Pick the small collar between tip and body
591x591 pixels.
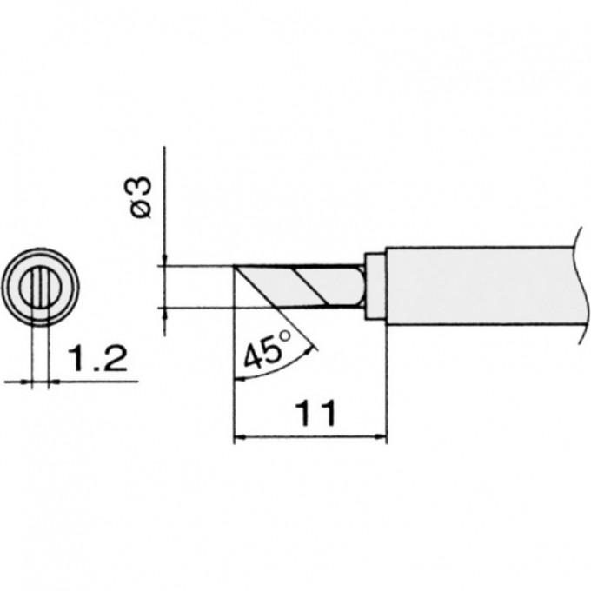(375, 286)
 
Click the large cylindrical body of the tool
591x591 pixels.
(478, 286)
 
